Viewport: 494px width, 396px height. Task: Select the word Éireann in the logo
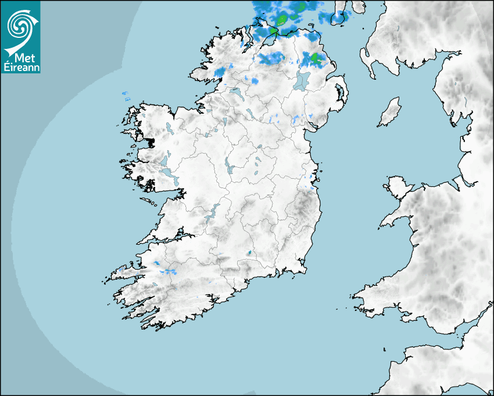21,67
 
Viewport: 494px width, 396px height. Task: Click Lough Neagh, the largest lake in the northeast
302,80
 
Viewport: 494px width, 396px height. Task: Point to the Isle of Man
390,112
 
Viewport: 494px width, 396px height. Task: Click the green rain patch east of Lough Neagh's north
316,58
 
